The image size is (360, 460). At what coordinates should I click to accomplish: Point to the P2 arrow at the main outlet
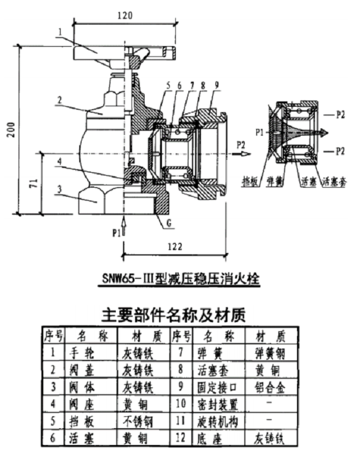241,145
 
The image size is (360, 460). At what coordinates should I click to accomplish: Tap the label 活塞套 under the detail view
332,180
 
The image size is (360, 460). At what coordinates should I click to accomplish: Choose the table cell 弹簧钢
266,352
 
